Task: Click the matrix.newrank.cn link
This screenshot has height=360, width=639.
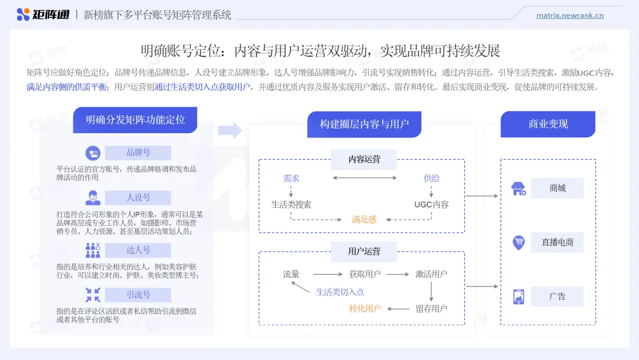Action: point(570,15)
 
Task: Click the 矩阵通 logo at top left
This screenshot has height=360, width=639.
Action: point(43,15)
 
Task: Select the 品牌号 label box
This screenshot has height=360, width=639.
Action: point(138,153)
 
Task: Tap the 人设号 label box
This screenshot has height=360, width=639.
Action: point(138,198)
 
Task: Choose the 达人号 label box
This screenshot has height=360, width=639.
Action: point(138,250)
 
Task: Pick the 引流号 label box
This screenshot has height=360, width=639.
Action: point(138,295)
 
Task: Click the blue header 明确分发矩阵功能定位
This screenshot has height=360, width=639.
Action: point(135,120)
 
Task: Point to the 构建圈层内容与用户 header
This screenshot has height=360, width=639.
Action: point(364,124)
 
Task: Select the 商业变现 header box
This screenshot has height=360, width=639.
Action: point(548,124)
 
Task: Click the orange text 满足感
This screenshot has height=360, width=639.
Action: point(364,220)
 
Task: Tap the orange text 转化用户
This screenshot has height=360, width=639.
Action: point(365,308)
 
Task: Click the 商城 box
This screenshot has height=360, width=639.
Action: point(557,188)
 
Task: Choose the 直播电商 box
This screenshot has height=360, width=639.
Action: point(557,242)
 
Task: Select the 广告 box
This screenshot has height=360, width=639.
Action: point(557,296)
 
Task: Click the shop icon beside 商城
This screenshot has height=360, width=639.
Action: point(518,189)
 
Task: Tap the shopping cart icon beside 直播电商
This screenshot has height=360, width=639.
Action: point(518,242)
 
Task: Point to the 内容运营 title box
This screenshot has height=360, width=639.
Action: point(364,159)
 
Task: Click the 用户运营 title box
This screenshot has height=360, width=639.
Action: point(364,251)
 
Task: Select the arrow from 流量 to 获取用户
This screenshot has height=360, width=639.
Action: point(328,274)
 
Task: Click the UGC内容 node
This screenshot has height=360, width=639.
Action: point(431,205)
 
